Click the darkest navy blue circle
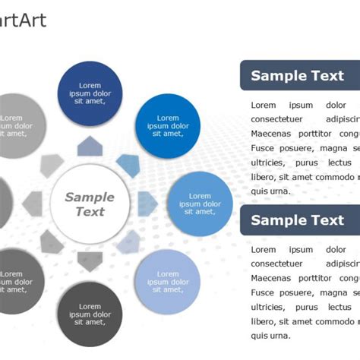[90, 93]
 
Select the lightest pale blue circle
[167, 282]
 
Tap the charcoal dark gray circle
[90, 314]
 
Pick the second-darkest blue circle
[167, 125]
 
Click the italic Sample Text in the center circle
[90, 204]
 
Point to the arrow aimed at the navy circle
[90, 147]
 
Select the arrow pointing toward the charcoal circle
[90, 262]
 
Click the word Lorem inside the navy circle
[90, 86]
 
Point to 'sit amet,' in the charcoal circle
[90, 321]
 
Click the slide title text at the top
[23, 21]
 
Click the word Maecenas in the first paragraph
[271, 134]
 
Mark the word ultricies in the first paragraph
[268, 163]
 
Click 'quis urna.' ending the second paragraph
[270, 336]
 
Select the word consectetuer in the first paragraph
[276, 119]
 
